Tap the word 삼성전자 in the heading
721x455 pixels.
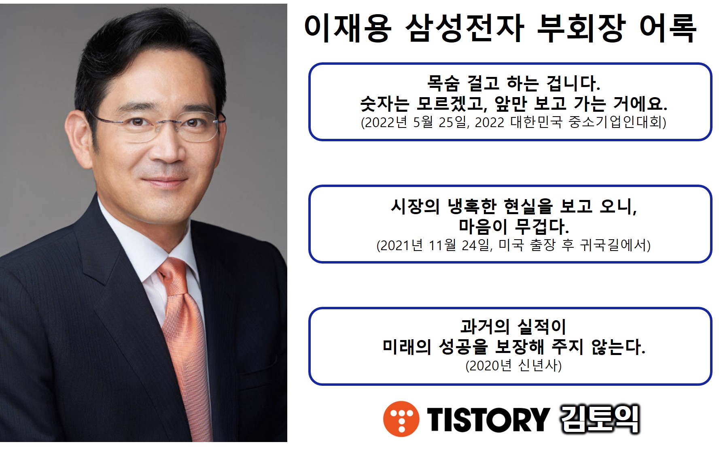click(x=464, y=28)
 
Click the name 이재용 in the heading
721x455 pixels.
click(x=348, y=28)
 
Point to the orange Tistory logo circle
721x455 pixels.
click(x=401, y=419)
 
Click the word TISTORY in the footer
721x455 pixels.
click(x=488, y=419)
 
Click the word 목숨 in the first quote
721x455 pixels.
click(x=443, y=83)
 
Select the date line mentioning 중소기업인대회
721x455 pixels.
click(x=513, y=122)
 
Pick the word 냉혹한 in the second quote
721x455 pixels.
click(x=472, y=206)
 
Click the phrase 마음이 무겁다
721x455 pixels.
click(x=513, y=226)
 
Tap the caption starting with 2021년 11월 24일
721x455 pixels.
click(x=513, y=245)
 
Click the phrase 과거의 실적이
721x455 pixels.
click(x=513, y=327)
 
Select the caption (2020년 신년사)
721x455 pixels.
click(x=513, y=366)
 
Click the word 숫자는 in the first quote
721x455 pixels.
click(x=384, y=104)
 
